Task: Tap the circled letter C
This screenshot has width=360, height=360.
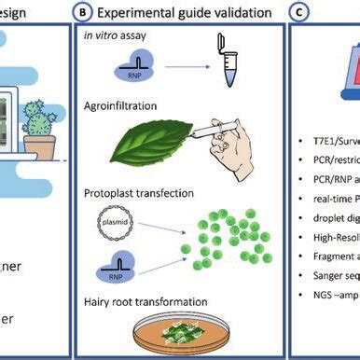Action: pos(298,12)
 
